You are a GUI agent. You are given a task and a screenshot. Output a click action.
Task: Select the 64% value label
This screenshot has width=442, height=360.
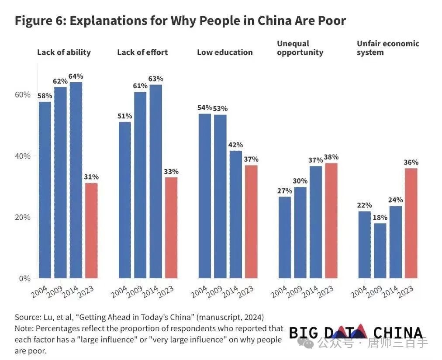(x=76, y=76)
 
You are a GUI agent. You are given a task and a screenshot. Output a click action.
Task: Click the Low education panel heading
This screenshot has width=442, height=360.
(x=224, y=52)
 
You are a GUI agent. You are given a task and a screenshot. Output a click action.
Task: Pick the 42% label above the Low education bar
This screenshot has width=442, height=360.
(x=236, y=145)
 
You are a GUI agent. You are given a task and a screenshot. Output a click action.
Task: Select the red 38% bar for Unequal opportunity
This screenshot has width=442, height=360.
(x=331, y=221)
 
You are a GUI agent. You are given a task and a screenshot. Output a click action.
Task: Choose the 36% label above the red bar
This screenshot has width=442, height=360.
(x=411, y=163)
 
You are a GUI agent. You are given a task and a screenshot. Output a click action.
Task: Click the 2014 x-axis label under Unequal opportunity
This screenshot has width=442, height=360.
(x=311, y=290)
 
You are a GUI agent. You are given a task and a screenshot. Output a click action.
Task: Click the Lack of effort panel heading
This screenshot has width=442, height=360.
(x=142, y=52)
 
